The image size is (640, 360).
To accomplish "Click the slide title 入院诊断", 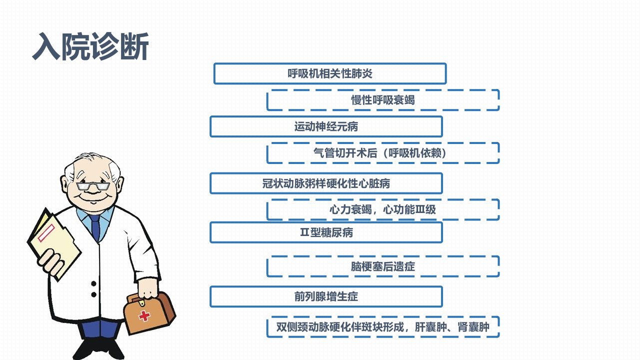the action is pos(90,46).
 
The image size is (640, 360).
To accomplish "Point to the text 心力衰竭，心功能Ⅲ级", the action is pos(382,209).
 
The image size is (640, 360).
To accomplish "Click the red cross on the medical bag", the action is pos(144,315).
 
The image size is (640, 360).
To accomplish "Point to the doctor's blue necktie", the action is pos(95,227).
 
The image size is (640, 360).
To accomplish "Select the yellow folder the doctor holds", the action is pos(54,244).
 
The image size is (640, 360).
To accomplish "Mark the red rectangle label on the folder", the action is pos(46,233).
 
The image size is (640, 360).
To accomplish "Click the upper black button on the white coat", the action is pos(93,283).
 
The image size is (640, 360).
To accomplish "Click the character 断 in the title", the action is pos(134,46).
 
